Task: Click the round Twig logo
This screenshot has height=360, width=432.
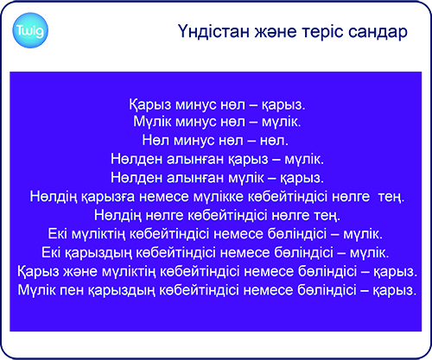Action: (x=30, y=30)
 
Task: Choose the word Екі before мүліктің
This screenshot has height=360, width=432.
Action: (x=58, y=234)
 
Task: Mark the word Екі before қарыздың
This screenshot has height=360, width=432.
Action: (x=51, y=253)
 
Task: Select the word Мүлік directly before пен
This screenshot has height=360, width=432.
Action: (x=37, y=290)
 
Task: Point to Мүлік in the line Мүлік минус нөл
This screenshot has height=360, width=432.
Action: (x=152, y=122)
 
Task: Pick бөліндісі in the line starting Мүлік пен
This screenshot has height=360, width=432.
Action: (x=327, y=290)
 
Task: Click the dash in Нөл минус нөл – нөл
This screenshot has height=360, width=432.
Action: (x=251, y=141)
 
